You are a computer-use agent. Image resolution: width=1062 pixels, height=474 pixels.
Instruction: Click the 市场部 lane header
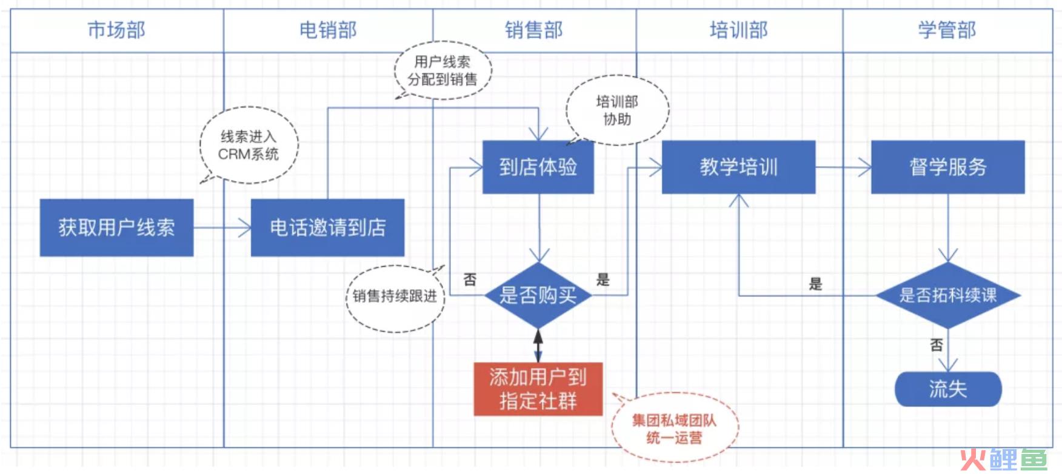pos(117,30)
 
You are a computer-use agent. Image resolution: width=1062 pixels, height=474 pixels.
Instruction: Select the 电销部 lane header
pos(328,30)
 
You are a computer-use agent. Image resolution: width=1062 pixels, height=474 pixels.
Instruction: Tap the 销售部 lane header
pos(534,30)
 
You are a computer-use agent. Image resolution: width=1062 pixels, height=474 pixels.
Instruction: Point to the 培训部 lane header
pos(739,30)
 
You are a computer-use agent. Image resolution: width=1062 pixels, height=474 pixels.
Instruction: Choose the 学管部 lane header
pos(947,30)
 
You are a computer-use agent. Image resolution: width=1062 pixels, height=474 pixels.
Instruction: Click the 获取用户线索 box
pos(117,227)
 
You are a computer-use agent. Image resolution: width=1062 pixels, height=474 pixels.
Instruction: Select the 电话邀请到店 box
pos(328,227)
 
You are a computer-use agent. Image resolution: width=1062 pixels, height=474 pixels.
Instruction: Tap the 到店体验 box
pos(538,167)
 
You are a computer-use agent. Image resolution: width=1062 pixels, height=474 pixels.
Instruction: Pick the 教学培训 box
pos(738,167)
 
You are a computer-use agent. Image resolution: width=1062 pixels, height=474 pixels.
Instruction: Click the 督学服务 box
pos(948,167)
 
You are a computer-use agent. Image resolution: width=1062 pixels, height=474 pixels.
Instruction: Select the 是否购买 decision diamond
pos(538,295)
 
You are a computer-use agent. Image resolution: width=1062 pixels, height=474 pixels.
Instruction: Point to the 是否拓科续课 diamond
pos(948,295)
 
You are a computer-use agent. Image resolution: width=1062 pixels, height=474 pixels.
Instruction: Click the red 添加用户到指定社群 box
pos(538,389)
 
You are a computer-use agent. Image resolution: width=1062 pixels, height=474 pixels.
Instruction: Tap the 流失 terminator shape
pos(948,389)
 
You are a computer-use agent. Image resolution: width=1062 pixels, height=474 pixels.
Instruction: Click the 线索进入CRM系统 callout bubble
pos(249,145)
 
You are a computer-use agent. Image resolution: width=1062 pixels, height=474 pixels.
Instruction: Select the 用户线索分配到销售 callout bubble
pos(442,70)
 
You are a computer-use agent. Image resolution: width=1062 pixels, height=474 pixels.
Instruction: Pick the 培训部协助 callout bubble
pos(617,110)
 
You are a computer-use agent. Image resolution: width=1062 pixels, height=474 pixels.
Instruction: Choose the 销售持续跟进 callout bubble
pos(395,297)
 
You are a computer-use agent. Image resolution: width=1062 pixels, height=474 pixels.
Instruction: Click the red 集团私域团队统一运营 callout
pos(674,428)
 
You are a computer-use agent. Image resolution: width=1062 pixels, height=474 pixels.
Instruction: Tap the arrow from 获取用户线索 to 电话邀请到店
pos(222,228)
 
